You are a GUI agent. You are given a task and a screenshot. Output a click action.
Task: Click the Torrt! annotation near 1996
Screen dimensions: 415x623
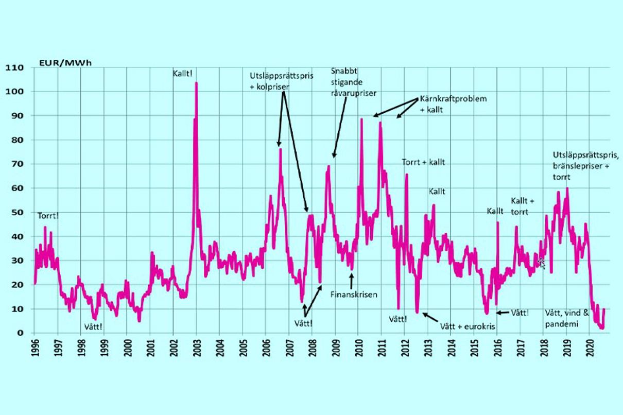point(48,216)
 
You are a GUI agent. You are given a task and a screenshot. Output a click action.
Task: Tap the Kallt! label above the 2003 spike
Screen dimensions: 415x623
point(183,74)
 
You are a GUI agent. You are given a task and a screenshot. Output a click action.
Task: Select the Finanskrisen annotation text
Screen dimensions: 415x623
point(354,295)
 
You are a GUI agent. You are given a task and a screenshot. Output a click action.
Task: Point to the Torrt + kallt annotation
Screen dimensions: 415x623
point(423,162)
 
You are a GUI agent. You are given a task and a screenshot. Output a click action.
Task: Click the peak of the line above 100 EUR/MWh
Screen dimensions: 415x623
point(196,83)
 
